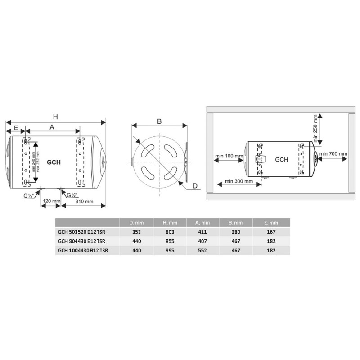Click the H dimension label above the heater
pos(55,117)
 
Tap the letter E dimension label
pos(16,128)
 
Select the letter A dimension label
pos(52,127)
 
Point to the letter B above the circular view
pos(159,121)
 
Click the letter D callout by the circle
pos(195,186)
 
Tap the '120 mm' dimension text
pos(51,201)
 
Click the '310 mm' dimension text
pos(85,202)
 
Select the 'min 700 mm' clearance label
pos(333,153)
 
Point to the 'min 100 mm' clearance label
pos(229,156)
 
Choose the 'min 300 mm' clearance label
pos(239,181)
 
